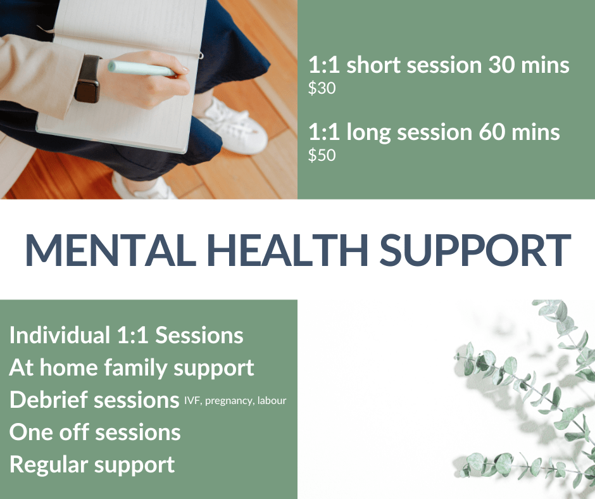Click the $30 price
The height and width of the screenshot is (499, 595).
click(322, 88)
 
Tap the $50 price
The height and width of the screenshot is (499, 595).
click(322, 155)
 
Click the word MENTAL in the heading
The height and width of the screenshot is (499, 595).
click(111, 250)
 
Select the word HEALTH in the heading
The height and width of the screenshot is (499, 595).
click(287, 250)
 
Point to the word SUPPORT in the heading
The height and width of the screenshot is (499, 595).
click(475, 250)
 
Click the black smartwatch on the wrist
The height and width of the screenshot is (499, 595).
click(88, 79)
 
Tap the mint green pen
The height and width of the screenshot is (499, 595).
click(142, 69)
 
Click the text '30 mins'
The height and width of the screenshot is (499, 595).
click(529, 65)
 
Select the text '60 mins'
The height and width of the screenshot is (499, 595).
click(519, 132)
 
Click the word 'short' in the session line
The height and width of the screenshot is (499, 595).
click(373, 65)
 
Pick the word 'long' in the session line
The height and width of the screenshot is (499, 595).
click(368, 133)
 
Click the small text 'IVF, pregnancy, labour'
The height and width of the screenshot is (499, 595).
click(235, 401)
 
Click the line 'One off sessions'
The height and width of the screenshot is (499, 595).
click(95, 432)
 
